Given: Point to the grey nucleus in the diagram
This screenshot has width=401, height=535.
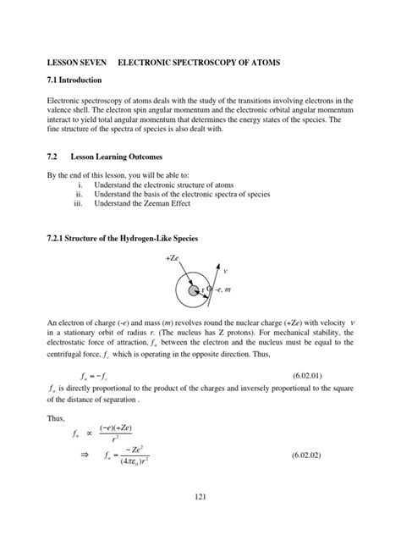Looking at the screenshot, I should pyautogui.click(x=194, y=290).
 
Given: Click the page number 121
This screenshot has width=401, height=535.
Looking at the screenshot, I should pyautogui.click(x=200, y=506).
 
